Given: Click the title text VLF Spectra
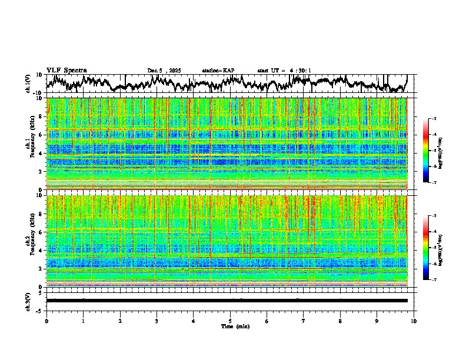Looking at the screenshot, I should (66, 70).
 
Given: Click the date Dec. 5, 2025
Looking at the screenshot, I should (164, 71).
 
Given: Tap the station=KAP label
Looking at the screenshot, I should (218, 71).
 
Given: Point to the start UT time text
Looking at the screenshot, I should (284, 71).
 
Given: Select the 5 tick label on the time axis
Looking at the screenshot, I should (230, 321).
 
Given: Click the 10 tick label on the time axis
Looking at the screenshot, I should (414, 321).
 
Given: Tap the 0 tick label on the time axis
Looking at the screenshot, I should (46, 321).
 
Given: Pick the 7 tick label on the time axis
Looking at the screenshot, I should (304, 321).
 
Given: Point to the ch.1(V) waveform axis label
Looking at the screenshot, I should (28, 84).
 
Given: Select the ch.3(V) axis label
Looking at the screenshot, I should (28, 301).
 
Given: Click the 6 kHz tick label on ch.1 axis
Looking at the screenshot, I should (41, 135).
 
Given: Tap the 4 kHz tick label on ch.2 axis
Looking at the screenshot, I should (41, 251).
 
